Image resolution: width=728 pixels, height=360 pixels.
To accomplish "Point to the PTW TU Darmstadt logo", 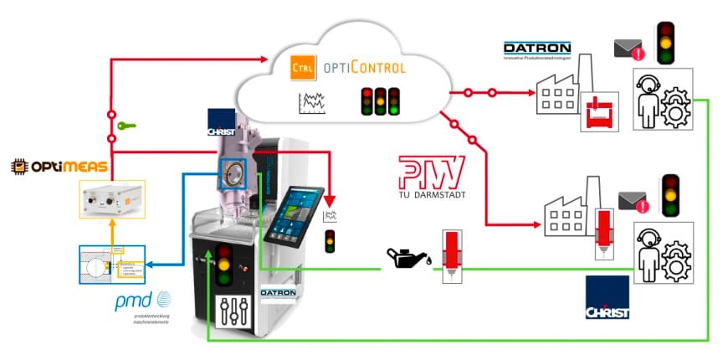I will click(x=431, y=177).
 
